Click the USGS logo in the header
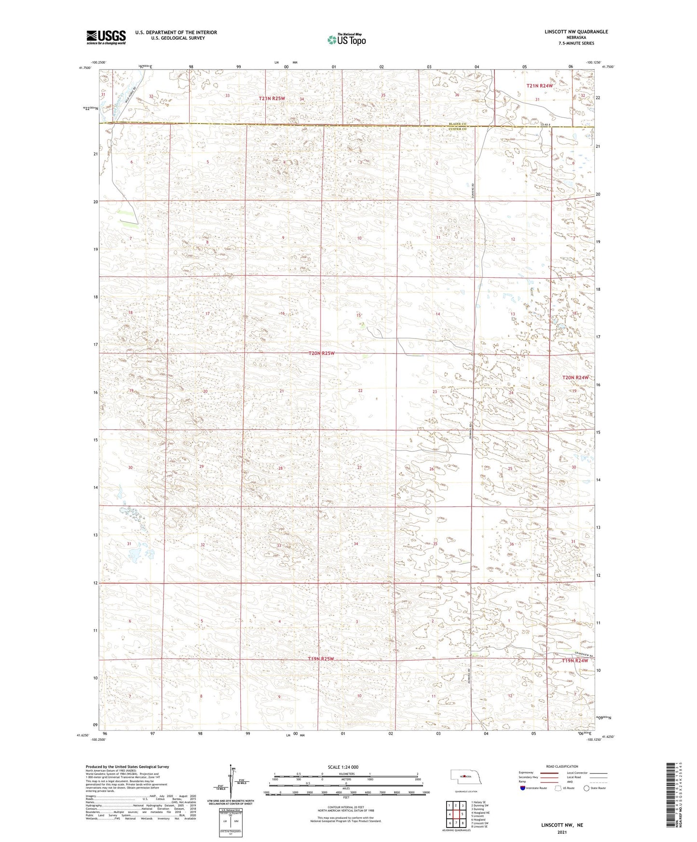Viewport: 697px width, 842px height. pyautogui.click(x=106, y=37)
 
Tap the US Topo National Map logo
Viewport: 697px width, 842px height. pyautogui.click(x=346, y=40)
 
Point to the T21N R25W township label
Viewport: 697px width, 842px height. pyautogui.click(x=272, y=98)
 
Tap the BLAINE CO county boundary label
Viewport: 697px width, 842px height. pyautogui.click(x=456, y=124)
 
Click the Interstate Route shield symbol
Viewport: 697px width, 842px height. pyautogui.click(x=523, y=788)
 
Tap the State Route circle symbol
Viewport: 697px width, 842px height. pyautogui.click(x=587, y=788)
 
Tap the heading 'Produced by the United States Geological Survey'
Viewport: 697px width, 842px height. pyautogui.click(x=127, y=766)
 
